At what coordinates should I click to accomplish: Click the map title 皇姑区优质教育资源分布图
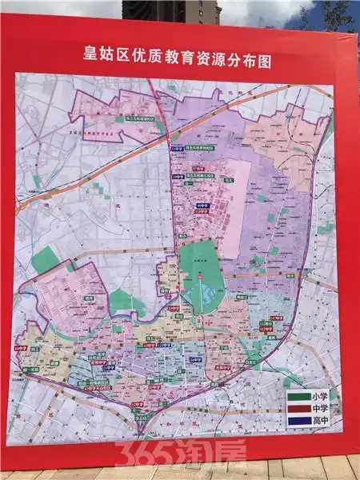[x=180, y=58]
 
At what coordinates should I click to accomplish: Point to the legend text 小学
[x=324, y=395]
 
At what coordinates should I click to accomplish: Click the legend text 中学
[x=324, y=409]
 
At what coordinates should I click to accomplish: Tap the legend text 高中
[x=324, y=422]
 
